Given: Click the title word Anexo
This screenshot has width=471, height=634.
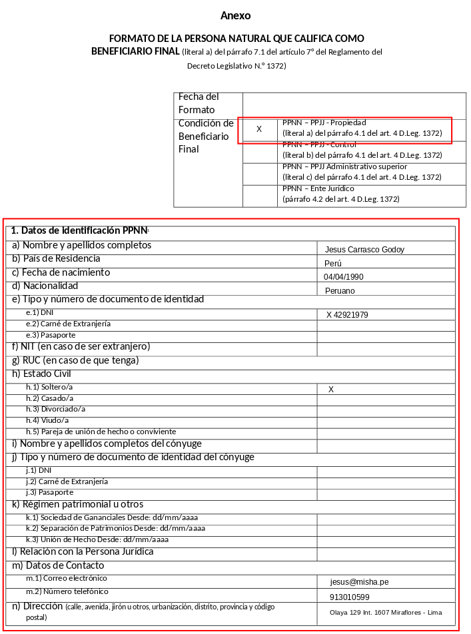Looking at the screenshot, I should [235, 16].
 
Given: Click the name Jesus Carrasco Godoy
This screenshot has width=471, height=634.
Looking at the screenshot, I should [364, 250].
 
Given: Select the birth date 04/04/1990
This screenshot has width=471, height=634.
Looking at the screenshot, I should [344, 277].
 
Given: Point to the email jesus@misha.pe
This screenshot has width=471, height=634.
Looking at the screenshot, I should [359, 582].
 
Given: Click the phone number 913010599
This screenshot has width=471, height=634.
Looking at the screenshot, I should [349, 597].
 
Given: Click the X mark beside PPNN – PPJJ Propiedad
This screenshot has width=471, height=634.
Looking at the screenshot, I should [259, 129].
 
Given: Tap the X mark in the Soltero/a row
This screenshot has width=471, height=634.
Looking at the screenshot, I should [331, 390].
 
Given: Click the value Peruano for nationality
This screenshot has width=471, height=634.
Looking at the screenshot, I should [340, 291].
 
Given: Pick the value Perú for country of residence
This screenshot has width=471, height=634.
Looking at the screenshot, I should [333, 263].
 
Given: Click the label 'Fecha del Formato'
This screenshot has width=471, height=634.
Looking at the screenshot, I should [199, 103].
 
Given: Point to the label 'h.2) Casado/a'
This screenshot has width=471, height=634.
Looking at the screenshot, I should [50, 398].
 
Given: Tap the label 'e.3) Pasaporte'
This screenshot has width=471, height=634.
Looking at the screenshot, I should [51, 335].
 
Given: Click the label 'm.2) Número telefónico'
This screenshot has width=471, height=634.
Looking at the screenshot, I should [67, 591].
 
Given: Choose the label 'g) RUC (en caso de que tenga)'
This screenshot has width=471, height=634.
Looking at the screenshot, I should [75, 360].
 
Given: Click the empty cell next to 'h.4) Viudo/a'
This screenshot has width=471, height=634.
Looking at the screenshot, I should [386, 421].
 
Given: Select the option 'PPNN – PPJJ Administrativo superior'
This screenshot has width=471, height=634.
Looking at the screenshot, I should [345, 166].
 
